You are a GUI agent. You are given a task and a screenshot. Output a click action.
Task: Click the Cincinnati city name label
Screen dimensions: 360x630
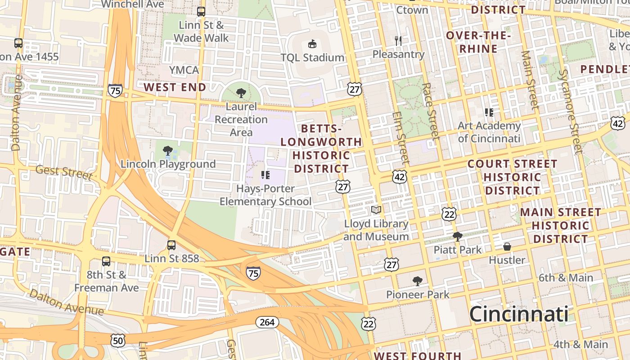[518, 314]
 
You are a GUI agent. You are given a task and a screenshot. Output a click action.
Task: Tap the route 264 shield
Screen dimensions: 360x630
[267, 322]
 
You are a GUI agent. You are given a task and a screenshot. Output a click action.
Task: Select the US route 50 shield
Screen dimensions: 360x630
[118, 341]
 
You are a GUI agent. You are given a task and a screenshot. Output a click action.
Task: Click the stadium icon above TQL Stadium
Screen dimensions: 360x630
[312, 44]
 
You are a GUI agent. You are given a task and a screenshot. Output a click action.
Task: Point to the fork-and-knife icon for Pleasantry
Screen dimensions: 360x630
[398, 41]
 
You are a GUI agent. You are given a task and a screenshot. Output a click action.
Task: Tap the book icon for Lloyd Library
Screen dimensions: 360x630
[376, 210]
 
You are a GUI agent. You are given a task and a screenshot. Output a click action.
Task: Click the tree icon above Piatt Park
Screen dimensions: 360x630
[458, 236]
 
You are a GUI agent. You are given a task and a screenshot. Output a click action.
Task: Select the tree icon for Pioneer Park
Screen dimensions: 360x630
[418, 281]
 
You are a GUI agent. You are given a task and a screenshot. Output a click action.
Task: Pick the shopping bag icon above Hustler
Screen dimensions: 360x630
[507, 247]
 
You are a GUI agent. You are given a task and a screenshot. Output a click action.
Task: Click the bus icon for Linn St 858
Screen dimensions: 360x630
[171, 245]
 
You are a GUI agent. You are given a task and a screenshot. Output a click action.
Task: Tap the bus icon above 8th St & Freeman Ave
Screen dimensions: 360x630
[106, 261]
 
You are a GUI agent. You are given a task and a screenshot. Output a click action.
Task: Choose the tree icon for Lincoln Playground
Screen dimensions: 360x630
[168, 151]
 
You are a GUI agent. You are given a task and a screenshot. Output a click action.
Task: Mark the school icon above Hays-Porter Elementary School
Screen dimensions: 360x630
[265, 175]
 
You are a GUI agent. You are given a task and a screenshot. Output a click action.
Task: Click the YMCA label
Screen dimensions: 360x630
[184, 70]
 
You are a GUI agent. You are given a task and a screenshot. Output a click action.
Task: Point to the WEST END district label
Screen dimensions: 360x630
[175, 87]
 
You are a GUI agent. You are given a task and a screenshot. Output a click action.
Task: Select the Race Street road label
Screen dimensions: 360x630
[431, 111]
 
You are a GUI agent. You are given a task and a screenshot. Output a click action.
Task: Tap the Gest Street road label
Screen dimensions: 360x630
[64, 172]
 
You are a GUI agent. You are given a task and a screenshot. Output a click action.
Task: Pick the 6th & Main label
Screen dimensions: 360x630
[566, 278]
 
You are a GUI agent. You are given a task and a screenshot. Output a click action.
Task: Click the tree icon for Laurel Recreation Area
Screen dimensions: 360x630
[241, 93]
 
